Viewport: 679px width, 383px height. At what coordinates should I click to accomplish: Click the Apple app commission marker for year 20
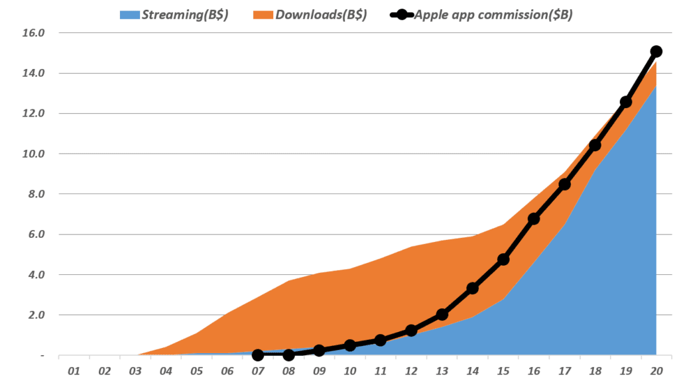656,51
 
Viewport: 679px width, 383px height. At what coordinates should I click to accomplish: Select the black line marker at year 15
503,259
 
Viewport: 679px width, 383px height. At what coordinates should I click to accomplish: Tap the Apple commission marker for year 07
258,355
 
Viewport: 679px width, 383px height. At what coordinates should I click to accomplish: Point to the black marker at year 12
411,330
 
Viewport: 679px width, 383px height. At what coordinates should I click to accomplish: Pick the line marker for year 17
564,184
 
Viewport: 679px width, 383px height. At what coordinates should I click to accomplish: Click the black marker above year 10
349,345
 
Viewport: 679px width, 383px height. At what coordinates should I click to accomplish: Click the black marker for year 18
595,144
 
